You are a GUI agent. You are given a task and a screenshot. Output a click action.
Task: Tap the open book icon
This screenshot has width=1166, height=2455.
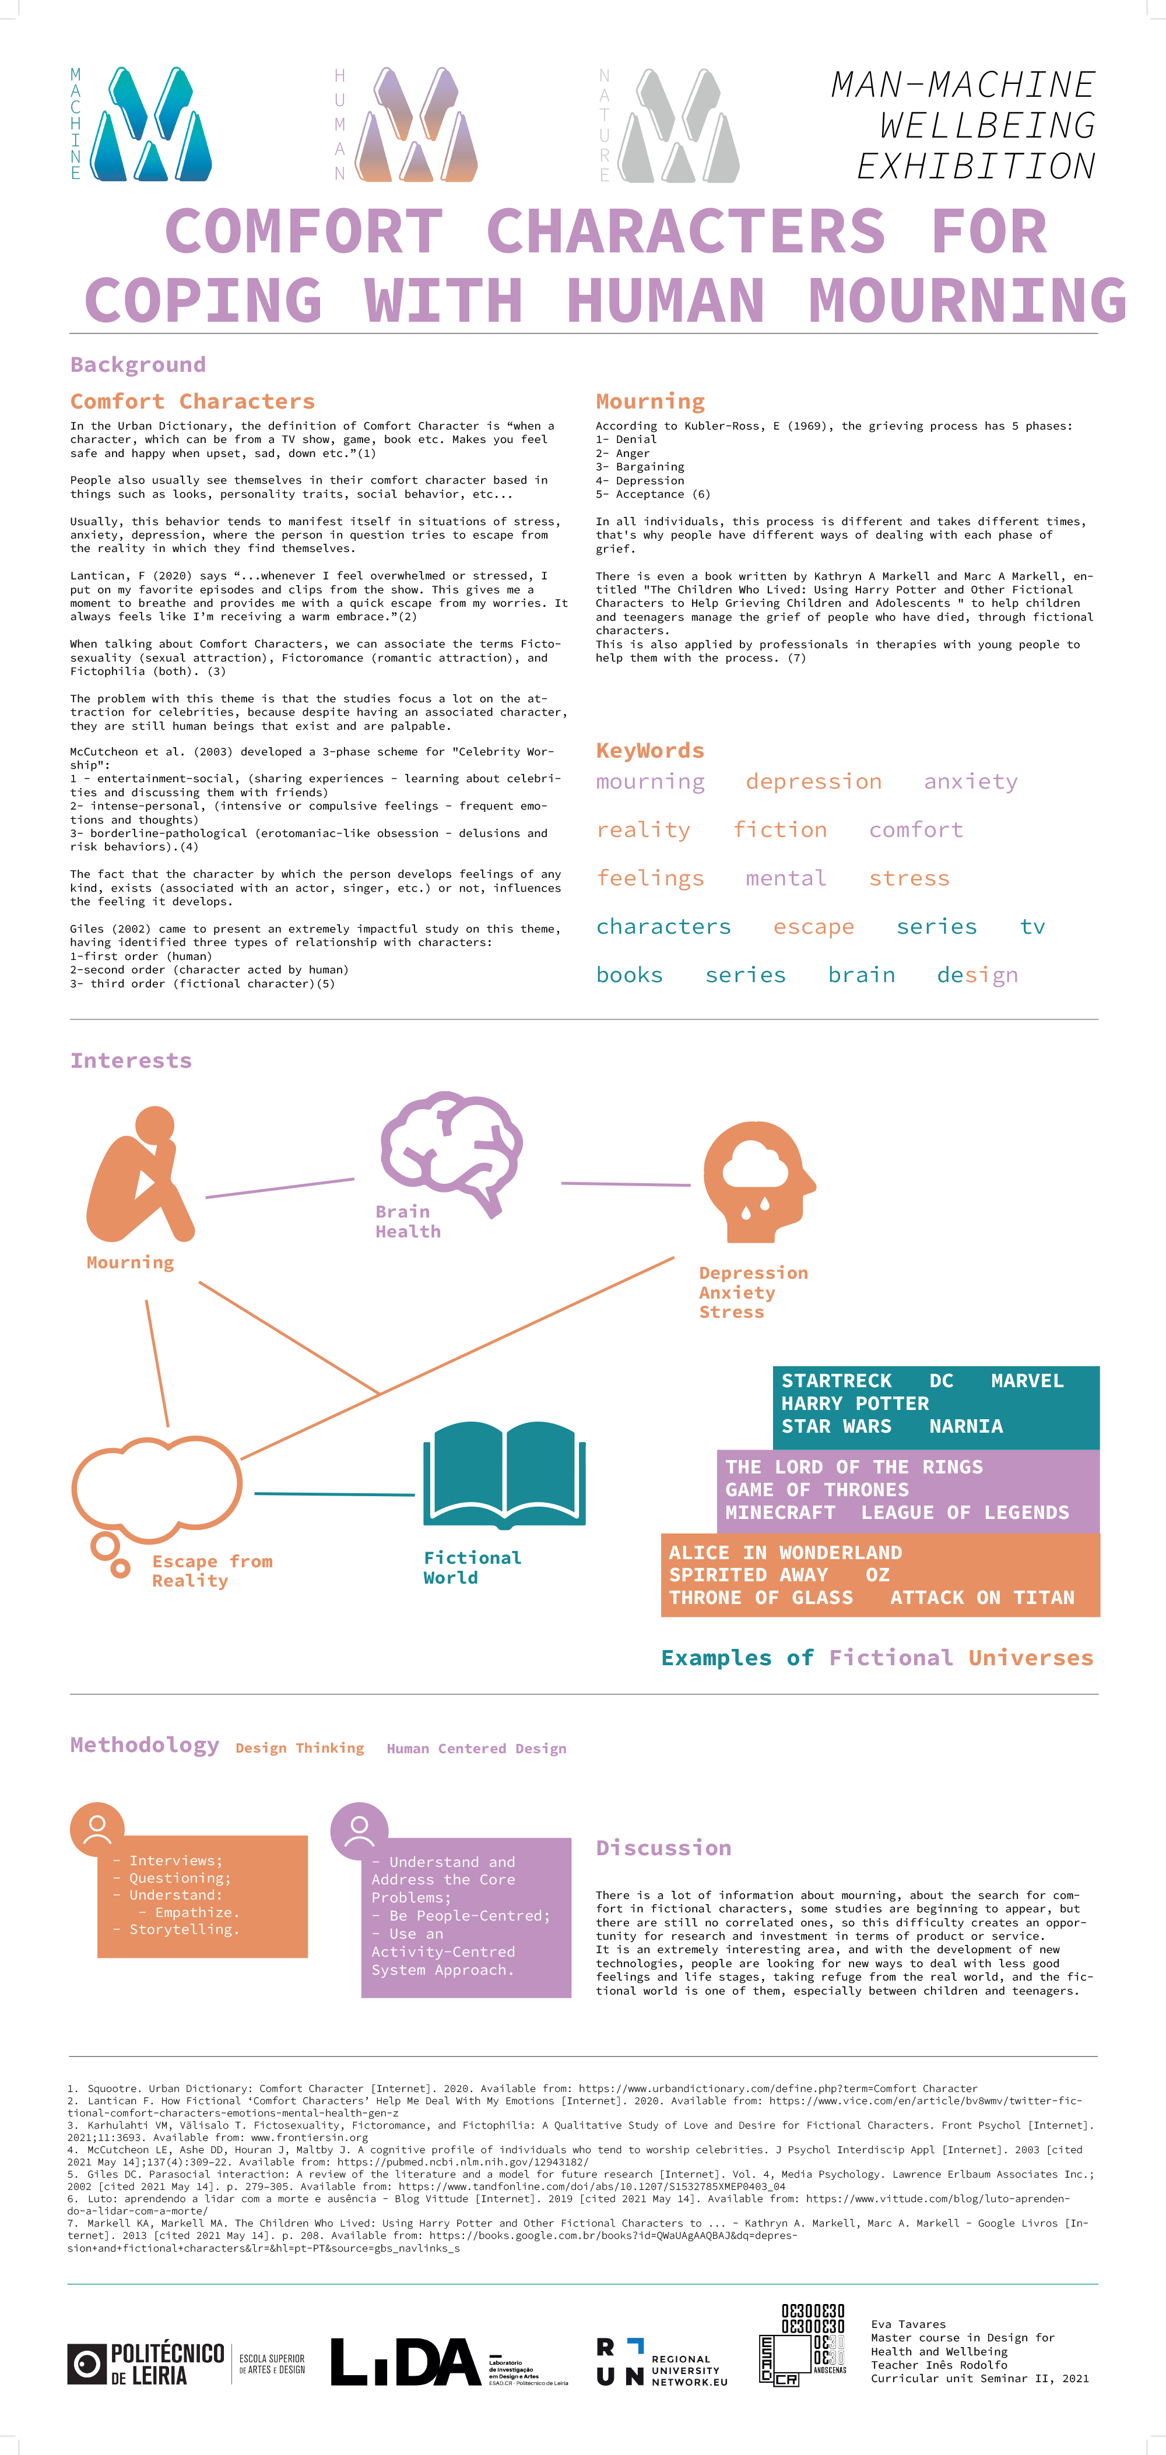[x=504, y=1472]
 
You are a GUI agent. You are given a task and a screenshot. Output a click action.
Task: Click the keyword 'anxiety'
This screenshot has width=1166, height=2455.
[x=971, y=782]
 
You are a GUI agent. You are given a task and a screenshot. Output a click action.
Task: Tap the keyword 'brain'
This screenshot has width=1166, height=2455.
[x=861, y=975]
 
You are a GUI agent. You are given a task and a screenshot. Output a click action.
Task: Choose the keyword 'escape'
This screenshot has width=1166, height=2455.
[x=813, y=926]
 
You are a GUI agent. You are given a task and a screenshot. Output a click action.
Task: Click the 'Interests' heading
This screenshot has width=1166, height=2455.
[x=131, y=1061]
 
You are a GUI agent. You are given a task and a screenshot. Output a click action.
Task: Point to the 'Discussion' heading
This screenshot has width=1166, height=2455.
[x=663, y=1848]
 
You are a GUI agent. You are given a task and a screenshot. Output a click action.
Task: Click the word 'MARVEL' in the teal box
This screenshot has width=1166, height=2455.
[x=1027, y=1381]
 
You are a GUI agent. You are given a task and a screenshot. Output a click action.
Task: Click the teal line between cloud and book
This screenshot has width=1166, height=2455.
[x=333, y=1493]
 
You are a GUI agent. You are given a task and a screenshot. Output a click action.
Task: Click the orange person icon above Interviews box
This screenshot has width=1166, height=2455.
[x=97, y=1828]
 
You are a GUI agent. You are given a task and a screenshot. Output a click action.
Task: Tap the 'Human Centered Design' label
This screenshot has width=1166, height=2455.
[x=477, y=1749]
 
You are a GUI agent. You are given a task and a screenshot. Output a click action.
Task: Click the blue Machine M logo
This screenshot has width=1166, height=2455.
[x=150, y=124]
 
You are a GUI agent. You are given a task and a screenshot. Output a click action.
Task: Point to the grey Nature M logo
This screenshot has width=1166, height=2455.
[x=678, y=125]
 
